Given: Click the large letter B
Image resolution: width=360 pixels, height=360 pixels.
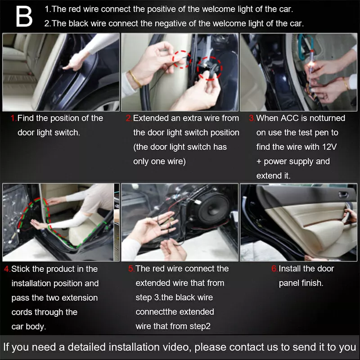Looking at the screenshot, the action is pyautogui.click(x=24, y=16).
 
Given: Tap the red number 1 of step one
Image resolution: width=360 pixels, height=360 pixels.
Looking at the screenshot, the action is pyautogui.click(x=13, y=118).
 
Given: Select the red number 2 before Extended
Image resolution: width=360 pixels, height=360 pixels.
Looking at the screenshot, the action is pyautogui.click(x=128, y=118).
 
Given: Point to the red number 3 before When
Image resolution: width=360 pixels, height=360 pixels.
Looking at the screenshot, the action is pyautogui.click(x=252, y=118).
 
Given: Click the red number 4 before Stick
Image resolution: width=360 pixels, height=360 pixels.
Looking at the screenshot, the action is pyautogui.click(x=7, y=269).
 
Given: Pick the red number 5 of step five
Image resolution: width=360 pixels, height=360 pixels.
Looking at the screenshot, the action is pyautogui.click(x=131, y=269).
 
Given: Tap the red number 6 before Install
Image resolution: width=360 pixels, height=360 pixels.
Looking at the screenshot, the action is pyautogui.click(x=274, y=269).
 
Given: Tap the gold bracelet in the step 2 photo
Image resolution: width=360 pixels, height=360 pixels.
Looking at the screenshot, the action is pyautogui.click(x=135, y=79).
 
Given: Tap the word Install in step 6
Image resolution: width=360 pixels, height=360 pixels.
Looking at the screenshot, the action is pyautogui.click(x=289, y=269).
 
